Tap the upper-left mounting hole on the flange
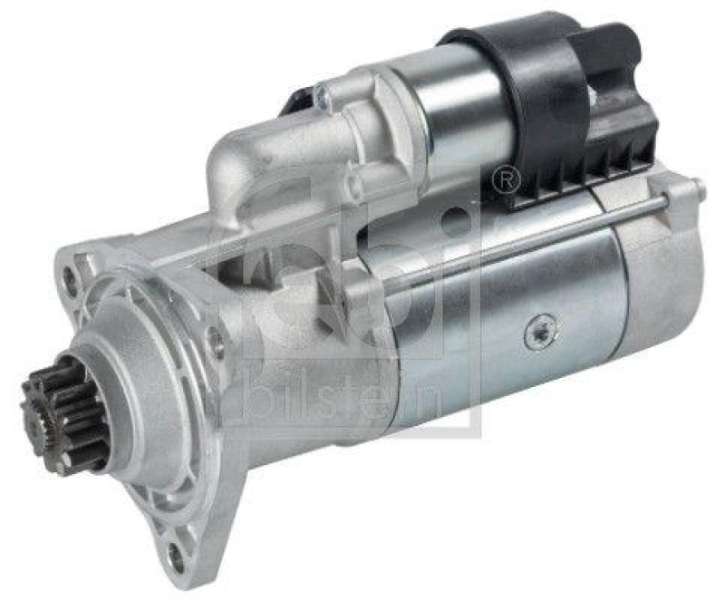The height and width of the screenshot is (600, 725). [x=70, y=279]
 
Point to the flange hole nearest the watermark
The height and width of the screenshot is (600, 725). [x=215, y=343]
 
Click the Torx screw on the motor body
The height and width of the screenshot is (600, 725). [x=538, y=333]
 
